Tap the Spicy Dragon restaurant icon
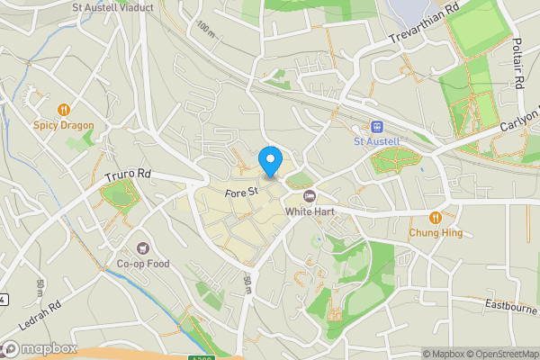pyautogui.click(x=64, y=110)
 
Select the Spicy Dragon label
pyautogui.click(x=64, y=125)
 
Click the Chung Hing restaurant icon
pyautogui.click(x=436, y=217)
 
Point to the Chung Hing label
pyautogui.click(x=436, y=232)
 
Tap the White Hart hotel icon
pyautogui.click(x=310, y=197)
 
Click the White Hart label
pyautogui.click(x=310, y=212)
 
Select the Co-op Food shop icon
pyautogui.click(x=143, y=248)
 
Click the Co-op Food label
pyautogui.click(x=143, y=264)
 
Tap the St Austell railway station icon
pyautogui.click(x=376, y=127)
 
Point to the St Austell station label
pyautogui.click(x=376, y=141)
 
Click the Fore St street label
pyautogui.click(x=242, y=191)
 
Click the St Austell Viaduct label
pyautogui.click(x=112, y=7)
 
